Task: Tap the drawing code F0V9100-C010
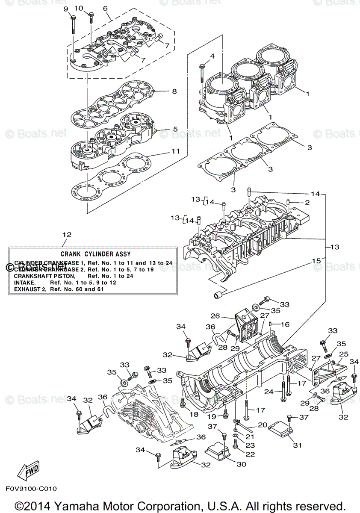tap(31, 488)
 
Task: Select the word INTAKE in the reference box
tap(24, 283)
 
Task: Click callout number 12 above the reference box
tap(67, 235)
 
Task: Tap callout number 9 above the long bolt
tap(65, 9)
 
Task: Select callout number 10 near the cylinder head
tap(79, 8)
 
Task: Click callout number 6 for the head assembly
tap(105, 8)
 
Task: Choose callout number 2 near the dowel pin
tap(307, 202)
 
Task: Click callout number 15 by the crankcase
tap(316, 260)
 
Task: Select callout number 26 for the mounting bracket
tap(215, 316)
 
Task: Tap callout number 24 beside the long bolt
tap(269, 391)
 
